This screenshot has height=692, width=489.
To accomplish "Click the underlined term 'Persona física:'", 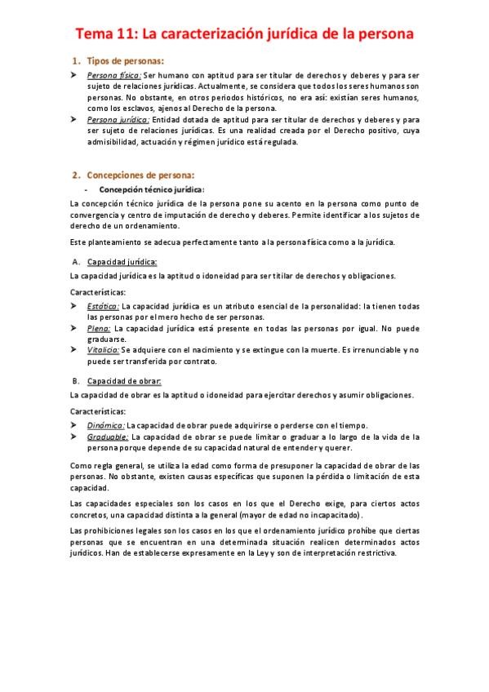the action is pyautogui.click(x=113, y=75).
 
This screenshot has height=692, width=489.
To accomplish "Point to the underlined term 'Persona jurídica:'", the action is pyautogui.click(x=118, y=119).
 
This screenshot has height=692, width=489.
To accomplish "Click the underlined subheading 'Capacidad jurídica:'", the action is pyautogui.click(x=122, y=262).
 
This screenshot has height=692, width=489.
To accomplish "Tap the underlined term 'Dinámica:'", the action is pyautogui.click(x=106, y=425).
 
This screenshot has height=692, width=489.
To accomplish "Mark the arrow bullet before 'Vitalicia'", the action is pyautogui.click(x=73, y=349).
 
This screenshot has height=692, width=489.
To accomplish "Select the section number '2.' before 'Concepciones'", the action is pyautogui.click(x=77, y=174).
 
